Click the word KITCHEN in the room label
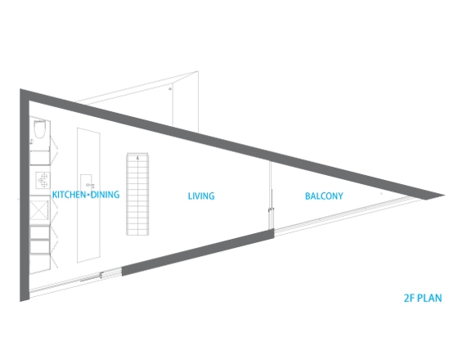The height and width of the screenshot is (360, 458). point(69,195)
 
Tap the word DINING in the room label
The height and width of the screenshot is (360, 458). point(105,195)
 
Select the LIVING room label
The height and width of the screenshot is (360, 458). point(201,196)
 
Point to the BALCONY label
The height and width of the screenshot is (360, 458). point(324,196)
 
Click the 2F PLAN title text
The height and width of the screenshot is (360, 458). point(423,298)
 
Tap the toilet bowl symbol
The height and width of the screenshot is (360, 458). point(39,129)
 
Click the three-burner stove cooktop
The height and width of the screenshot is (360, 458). point(43,180)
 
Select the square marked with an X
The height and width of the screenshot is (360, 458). point(39,210)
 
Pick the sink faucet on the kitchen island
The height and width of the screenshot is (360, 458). point(90,185)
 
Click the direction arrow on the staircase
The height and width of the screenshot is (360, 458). point(137,158)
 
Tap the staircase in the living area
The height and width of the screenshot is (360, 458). point(137,194)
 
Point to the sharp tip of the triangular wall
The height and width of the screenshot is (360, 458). point(444,195)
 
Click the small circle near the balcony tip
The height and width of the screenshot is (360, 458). point(381,194)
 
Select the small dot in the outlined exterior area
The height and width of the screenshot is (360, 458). point(170,89)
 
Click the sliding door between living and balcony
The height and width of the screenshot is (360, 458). point(271,196)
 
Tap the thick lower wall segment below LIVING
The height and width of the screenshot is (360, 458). point(198,253)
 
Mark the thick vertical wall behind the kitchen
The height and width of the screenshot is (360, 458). point(25,196)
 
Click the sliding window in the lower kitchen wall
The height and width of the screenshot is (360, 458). point(75,281)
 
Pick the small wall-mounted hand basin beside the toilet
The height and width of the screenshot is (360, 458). point(32,142)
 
